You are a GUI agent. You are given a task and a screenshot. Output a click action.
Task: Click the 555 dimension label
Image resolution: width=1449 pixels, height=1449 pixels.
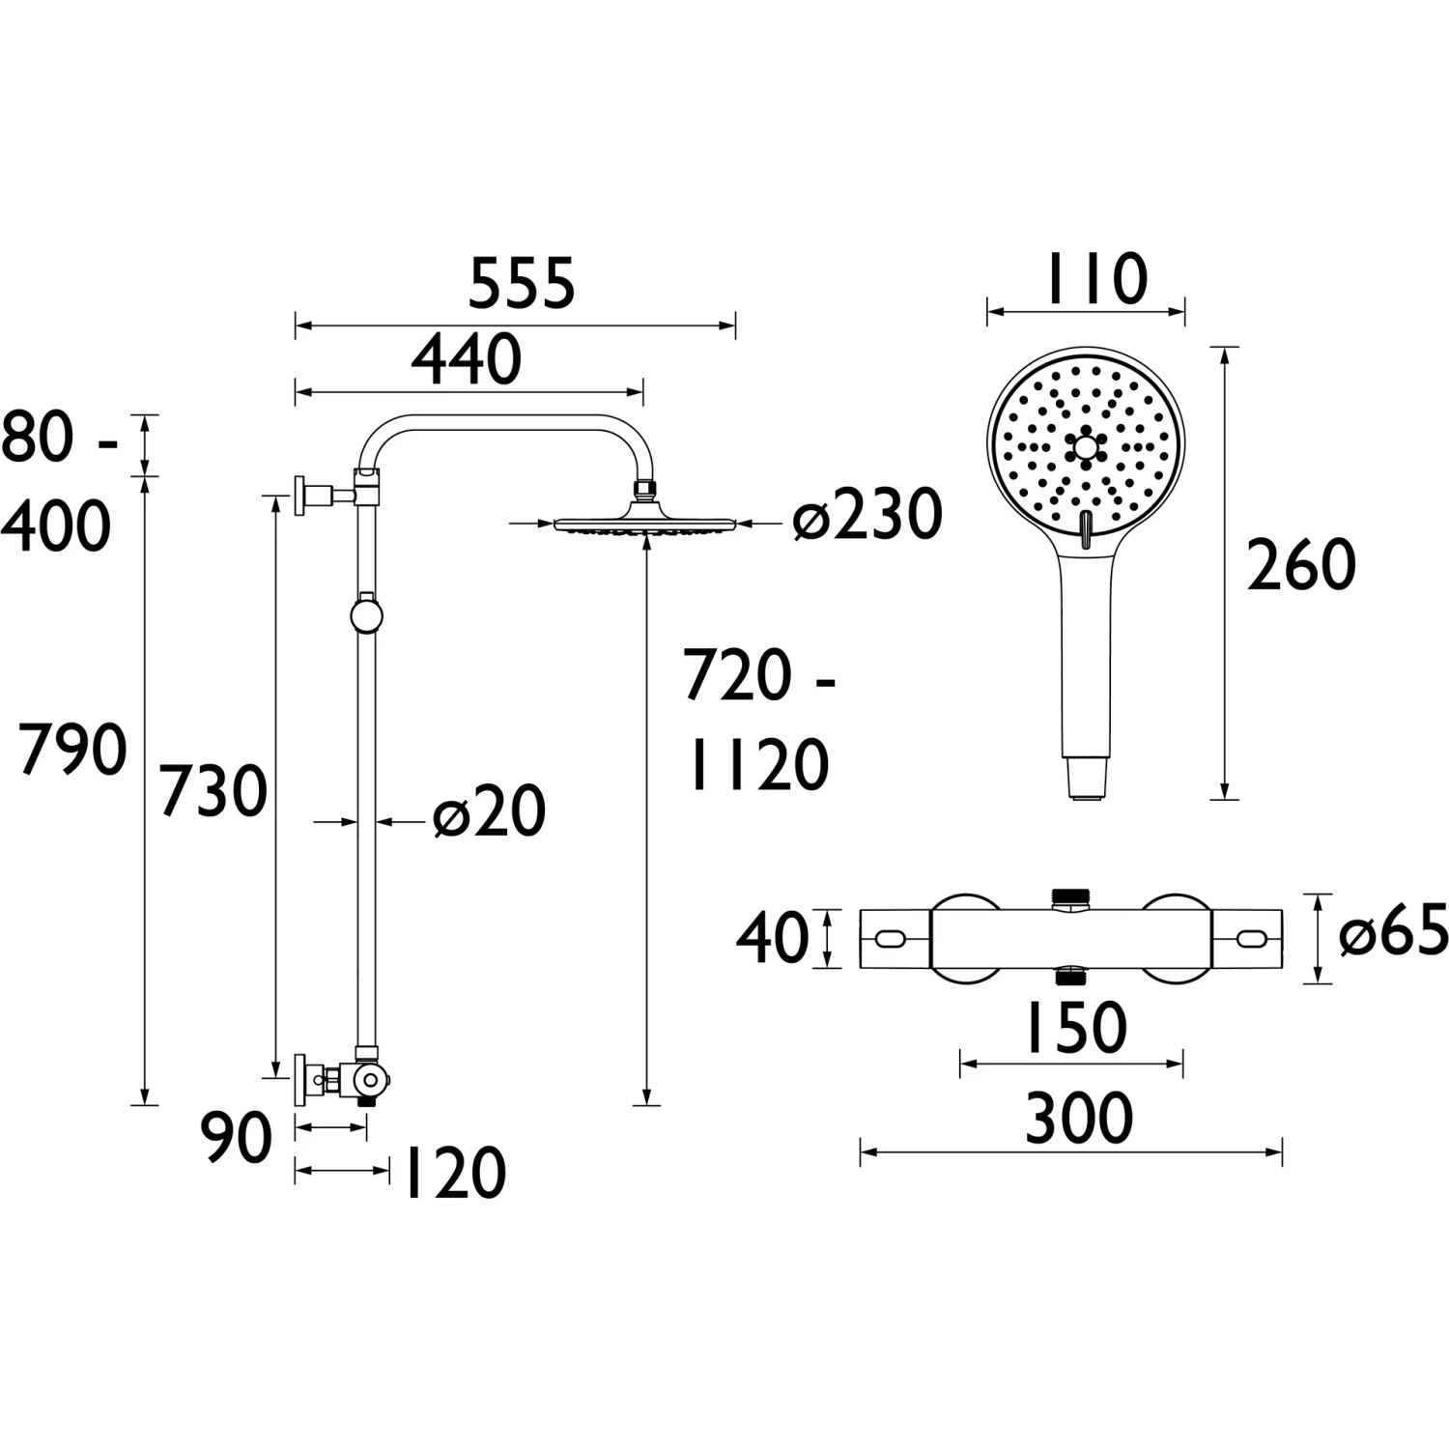[522, 283]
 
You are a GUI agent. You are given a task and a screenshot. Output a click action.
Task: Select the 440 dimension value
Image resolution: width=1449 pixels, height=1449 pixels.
[467, 359]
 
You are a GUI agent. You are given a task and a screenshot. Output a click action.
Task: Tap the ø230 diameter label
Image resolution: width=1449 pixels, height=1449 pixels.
[867, 515]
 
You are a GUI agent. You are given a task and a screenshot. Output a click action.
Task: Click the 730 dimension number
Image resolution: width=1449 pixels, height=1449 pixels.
[213, 791]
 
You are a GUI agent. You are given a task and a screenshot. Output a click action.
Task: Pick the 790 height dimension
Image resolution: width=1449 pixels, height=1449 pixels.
[73, 750]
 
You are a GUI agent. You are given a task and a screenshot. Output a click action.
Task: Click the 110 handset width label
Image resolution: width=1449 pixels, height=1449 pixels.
[1094, 279]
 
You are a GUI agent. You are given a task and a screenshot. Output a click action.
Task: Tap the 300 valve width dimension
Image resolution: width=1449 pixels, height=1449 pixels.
[1078, 1119]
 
